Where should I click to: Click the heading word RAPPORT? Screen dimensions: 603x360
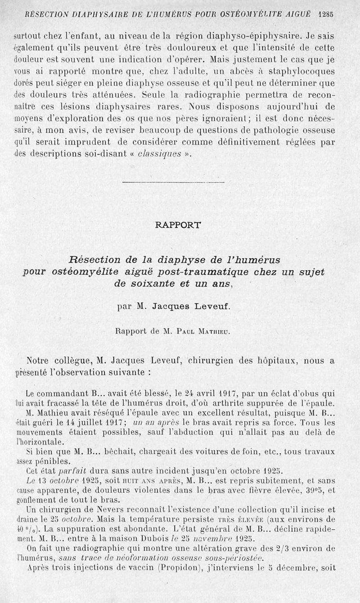tap(178, 225)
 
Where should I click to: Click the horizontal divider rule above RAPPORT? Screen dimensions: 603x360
tap(173, 182)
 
